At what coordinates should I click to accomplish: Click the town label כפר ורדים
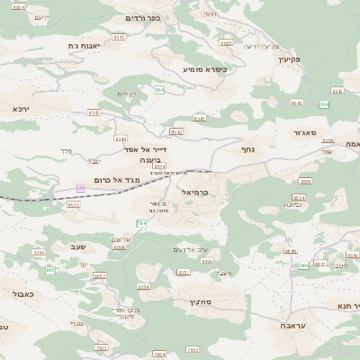(x=144, y=18)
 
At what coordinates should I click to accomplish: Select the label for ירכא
(x=22, y=108)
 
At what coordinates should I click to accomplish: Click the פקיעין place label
(x=288, y=59)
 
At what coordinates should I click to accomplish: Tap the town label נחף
(x=249, y=150)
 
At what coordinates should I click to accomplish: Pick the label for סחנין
(x=201, y=302)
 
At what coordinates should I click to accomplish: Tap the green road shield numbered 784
(x=141, y=222)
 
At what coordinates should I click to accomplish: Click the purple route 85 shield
(x=81, y=188)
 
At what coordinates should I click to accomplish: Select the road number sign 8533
(x=74, y=204)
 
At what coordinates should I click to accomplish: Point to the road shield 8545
(x=94, y=113)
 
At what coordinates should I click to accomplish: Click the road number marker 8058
(x=120, y=247)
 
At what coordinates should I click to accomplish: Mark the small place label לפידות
(x=126, y=94)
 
